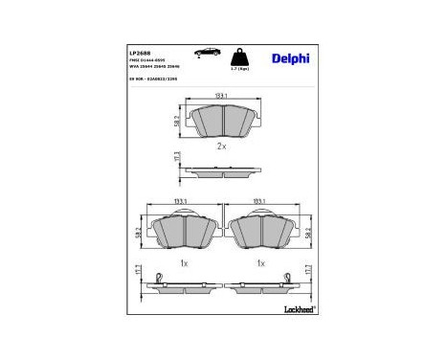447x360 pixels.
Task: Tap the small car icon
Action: [x=206, y=51]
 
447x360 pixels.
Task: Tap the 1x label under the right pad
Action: [x=259, y=261]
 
